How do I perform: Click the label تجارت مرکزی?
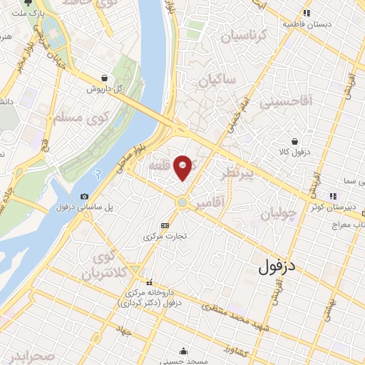click(167, 235)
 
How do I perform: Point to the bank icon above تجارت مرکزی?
click(166, 225)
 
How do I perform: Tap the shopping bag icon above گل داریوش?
click(106, 78)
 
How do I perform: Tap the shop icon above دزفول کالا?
click(295, 141)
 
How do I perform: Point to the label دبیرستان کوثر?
click(335, 207)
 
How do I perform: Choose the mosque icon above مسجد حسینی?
click(184, 350)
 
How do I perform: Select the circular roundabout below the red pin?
click(182, 202)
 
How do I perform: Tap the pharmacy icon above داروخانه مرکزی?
click(150, 282)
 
